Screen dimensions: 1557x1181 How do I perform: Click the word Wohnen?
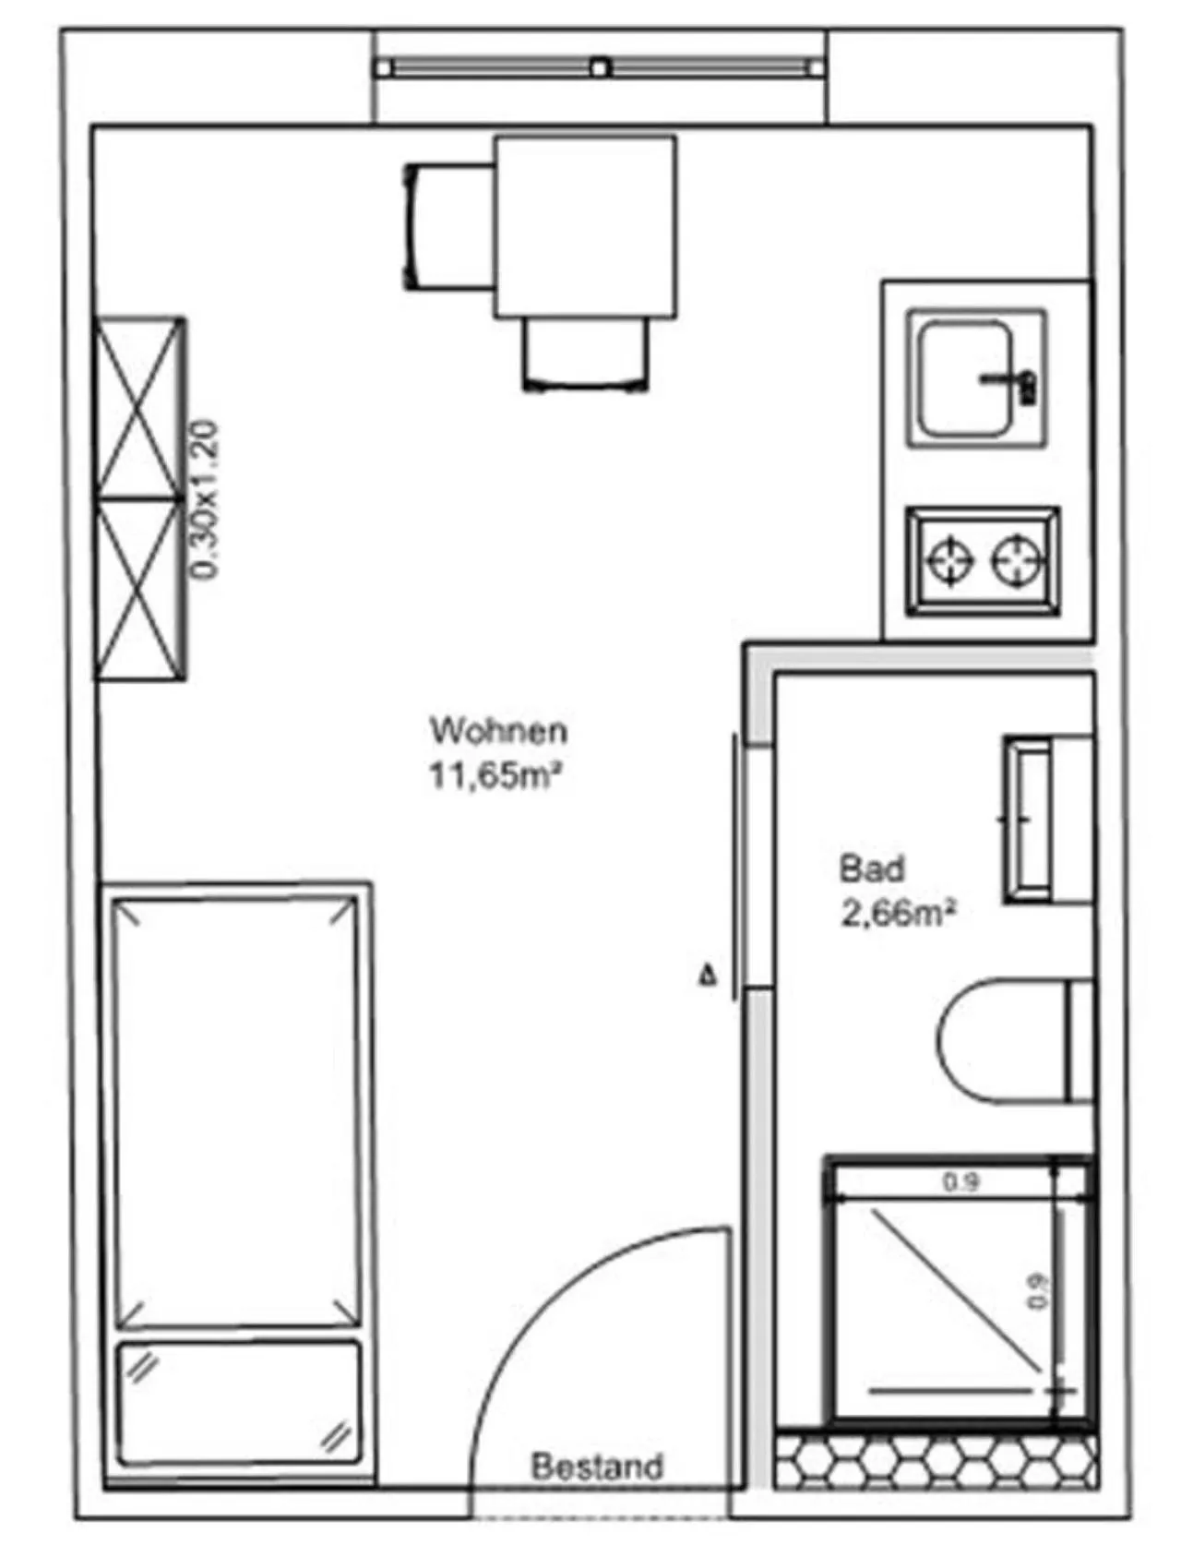tap(498, 731)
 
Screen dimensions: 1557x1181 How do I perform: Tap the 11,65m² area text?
tap(495, 775)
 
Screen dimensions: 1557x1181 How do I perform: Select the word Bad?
tap(871, 868)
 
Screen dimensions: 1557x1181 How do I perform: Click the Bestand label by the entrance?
tap(597, 1466)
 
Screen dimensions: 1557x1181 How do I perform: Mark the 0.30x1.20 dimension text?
tap(206, 499)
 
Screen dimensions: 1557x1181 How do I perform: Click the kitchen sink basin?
tap(962, 378)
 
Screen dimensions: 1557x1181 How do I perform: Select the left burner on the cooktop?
tap(949, 560)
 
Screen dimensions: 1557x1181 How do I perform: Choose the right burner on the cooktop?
tap(1017, 560)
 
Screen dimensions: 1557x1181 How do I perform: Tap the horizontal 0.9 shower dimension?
tap(960, 1182)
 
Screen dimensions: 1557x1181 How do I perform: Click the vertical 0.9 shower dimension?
tap(1040, 1290)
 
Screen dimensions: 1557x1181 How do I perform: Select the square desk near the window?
tap(585, 227)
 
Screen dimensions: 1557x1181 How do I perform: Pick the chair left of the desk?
tap(448, 227)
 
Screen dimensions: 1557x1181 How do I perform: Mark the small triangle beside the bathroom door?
tap(708, 975)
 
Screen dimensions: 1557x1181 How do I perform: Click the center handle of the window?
tap(600, 67)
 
